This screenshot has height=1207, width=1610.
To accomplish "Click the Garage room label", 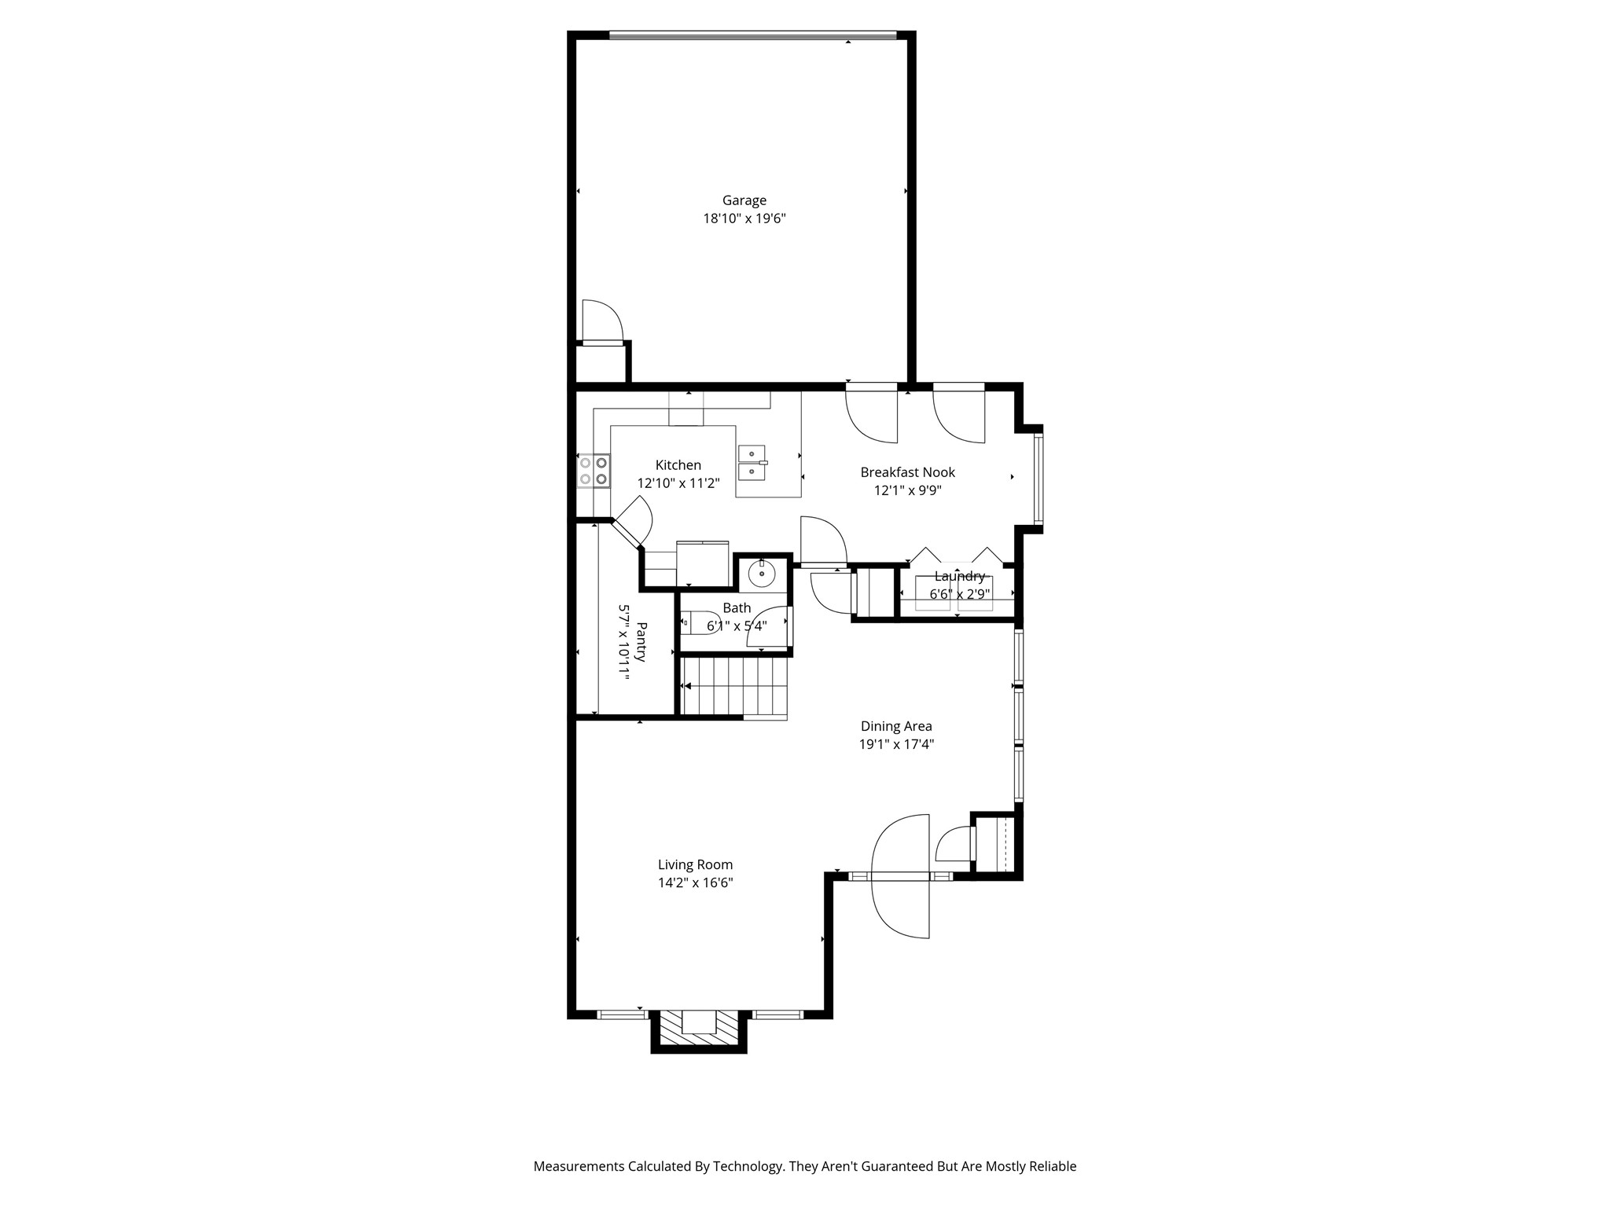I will click(x=744, y=200).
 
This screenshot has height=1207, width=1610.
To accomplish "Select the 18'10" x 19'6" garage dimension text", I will click(x=744, y=219).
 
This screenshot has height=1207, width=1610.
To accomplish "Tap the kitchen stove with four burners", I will click(x=594, y=471).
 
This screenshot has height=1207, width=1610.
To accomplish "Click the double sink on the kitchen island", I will click(x=752, y=463).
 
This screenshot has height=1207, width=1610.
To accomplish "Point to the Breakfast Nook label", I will click(x=907, y=472).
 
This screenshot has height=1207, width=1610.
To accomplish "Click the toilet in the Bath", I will click(x=697, y=622).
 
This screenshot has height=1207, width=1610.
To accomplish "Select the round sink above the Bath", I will click(x=762, y=574).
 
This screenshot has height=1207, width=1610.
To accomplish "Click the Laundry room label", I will click(x=959, y=577).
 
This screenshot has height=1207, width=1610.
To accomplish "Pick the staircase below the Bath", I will click(x=734, y=686).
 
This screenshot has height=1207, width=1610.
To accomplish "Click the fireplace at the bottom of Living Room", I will click(x=699, y=1029).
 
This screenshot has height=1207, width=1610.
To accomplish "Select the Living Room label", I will click(x=695, y=864).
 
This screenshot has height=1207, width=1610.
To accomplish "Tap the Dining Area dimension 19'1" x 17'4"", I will click(x=896, y=744).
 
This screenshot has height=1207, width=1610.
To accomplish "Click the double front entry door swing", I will click(x=901, y=876).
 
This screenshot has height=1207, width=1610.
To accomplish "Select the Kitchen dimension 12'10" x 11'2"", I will click(x=678, y=483).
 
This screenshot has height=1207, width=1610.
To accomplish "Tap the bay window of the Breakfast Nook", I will click(x=1038, y=479).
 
